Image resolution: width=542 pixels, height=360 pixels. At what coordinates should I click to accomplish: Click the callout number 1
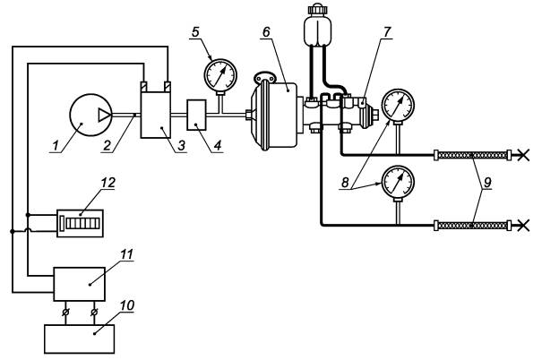pyautogui.click(x=56, y=146)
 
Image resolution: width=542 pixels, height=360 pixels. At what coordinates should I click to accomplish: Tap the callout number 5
pyautogui.click(x=195, y=32)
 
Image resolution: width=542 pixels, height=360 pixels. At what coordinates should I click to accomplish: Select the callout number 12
pyautogui.click(x=108, y=183)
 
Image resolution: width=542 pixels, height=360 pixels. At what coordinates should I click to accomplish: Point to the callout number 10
pyautogui.click(x=127, y=305)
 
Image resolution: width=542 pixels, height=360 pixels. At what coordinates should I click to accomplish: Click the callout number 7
pyautogui.click(x=387, y=31)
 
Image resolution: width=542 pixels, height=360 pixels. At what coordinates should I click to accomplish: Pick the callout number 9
pyautogui.click(x=487, y=183)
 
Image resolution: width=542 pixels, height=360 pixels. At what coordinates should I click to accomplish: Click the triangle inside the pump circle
pyautogui.click(x=105, y=115)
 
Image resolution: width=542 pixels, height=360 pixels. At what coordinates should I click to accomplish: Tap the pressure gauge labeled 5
pyautogui.click(x=220, y=75)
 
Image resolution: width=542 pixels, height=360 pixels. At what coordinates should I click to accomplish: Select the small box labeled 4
pyautogui.click(x=197, y=115)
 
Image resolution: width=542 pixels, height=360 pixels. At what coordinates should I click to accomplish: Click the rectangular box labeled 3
pyautogui.click(x=156, y=115)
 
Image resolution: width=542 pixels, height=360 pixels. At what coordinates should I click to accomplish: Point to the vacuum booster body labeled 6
pyautogui.click(x=275, y=115)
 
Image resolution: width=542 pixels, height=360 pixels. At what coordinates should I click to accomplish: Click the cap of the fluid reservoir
pyautogui.click(x=316, y=9)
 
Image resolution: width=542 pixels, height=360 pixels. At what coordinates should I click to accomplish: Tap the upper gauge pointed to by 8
pyautogui.click(x=398, y=106)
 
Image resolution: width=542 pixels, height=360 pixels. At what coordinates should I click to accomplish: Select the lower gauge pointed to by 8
pyautogui.click(x=398, y=182)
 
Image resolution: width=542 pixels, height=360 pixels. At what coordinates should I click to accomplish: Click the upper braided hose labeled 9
pyautogui.click(x=472, y=155)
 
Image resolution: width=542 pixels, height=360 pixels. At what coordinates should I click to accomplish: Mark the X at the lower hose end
pyautogui.click(x=524, y=226)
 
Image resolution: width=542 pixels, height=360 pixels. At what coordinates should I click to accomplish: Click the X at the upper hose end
pyautogui.click(x=524, y=155)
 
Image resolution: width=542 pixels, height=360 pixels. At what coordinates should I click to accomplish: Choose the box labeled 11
pyautogui.click(x=80, y=284)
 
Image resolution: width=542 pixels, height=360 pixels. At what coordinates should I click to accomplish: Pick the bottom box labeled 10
pyautogui.click(x=80, y=339)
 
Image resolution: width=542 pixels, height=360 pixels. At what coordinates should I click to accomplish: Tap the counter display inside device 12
pyautogui.click(x=82, y=223)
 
